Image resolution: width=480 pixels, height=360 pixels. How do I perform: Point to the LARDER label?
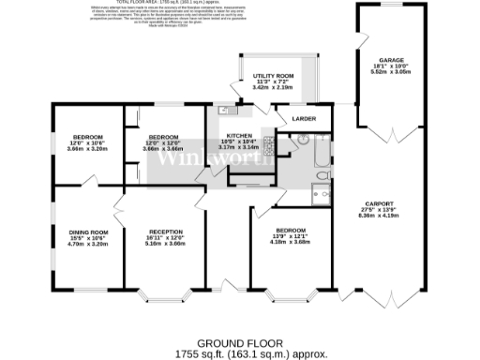pos(304,119)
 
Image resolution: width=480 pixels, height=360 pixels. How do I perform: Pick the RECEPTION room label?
pos(166,231)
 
